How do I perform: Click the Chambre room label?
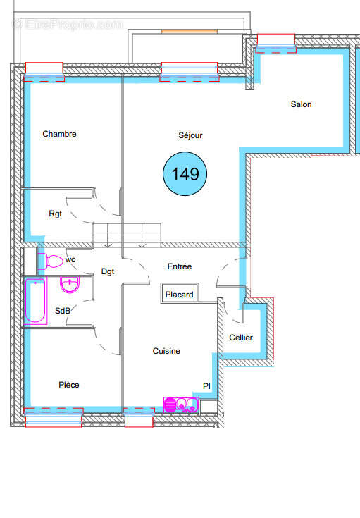(x=59, y=134)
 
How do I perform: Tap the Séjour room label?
(x=190, y=135)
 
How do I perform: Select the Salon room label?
(x=301, y=104)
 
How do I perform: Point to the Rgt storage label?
(x=55, y=214)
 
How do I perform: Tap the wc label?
(x=70, y=259)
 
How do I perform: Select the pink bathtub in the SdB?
(x=35, y=301)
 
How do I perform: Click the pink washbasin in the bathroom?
(x=70, y=285)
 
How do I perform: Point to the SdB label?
(x=63, y=311)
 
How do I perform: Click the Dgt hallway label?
(x=108, y=271)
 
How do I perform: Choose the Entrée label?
(x=179, y=266)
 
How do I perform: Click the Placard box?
(x=180, y=295)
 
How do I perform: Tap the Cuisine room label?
(x=167, y=351)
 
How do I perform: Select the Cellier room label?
(x=241, y=338)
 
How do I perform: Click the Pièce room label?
(x=69, y=385)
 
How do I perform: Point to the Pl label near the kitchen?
(x=206, y=386)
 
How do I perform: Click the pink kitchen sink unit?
(x=181, y=405)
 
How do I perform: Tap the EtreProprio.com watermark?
(x=68, y=24)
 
